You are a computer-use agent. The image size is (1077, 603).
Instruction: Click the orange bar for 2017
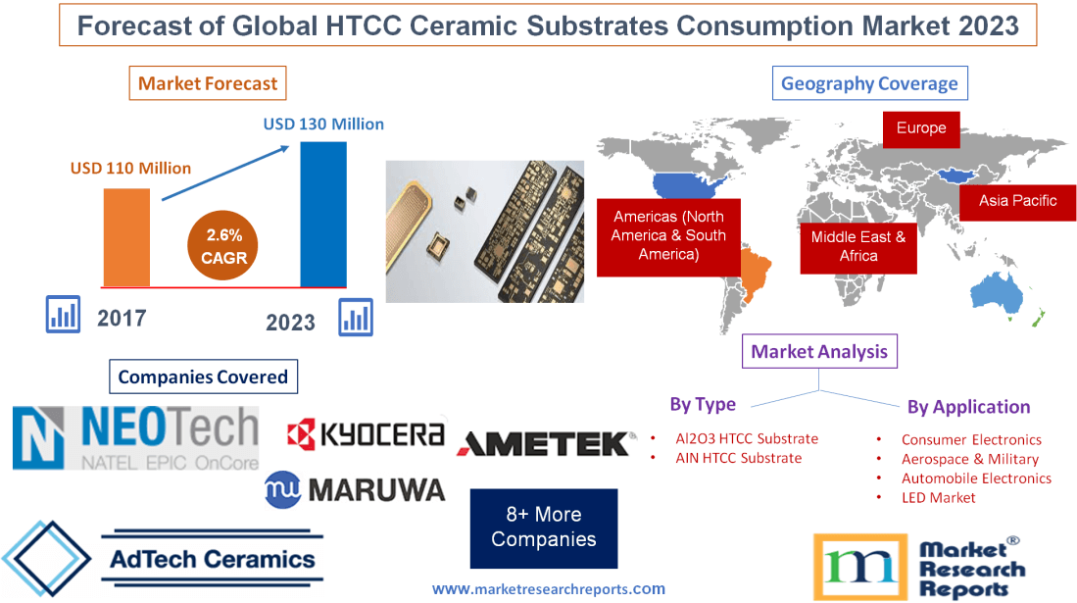[x=127, y=236]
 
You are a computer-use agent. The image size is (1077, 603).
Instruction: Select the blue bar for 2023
[x=322, y=214]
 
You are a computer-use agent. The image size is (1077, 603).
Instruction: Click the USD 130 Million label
[x=323, y=125]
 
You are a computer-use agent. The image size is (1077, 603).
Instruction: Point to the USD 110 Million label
[x=130, y=168]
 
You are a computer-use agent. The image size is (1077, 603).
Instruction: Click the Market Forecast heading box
[x=208, y=83]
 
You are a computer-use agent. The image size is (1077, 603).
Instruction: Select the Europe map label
[x=920, y=128]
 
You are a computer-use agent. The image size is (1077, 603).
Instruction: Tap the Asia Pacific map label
[x=1018, y=201]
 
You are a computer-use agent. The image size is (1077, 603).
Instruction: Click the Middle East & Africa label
[x=858, y=246]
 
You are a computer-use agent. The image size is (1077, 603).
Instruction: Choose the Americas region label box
[x=668, y=235]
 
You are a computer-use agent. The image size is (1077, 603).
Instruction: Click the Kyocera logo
[x=366, y=434]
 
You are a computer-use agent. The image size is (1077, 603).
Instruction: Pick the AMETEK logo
[x=545, y=443]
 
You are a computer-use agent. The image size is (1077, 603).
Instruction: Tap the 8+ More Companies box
[x=544, y=528]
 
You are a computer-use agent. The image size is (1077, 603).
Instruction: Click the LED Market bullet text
[x=938, y=497]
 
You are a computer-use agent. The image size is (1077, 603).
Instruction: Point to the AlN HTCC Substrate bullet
[x=738, y=458]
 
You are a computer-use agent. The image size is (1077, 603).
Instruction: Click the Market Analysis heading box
[x=819, y=351]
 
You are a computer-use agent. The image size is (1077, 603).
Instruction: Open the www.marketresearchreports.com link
[x=549, y=589]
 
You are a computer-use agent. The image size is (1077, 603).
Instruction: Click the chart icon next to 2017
[x=64, y=314]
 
